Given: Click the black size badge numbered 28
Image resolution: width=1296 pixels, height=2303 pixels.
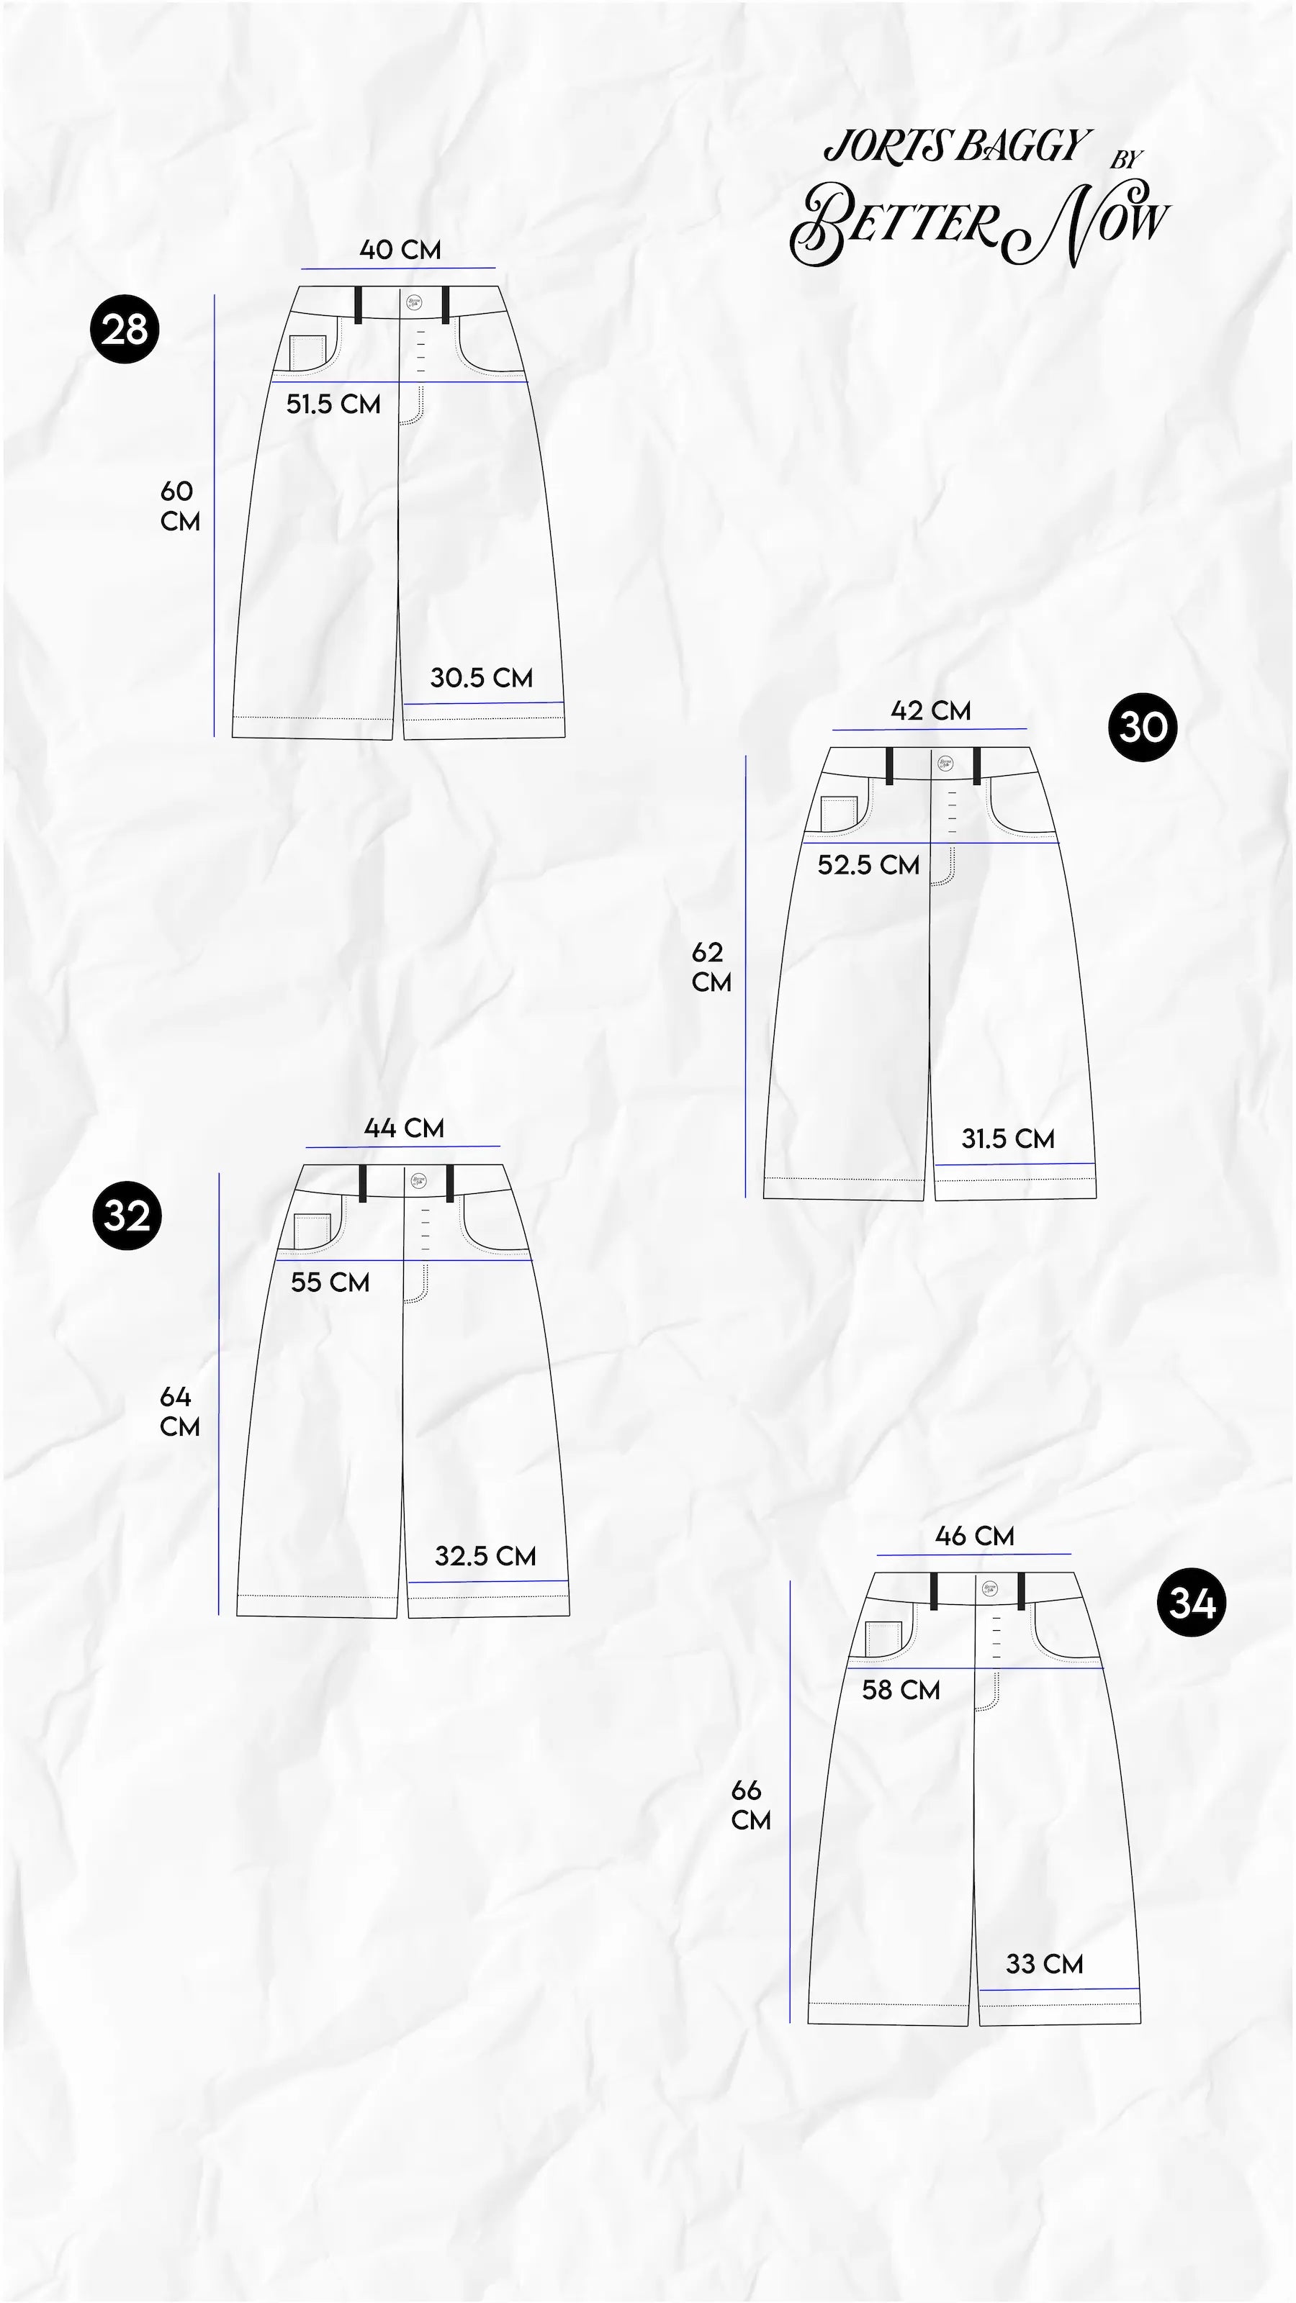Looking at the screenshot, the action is coord(125,329).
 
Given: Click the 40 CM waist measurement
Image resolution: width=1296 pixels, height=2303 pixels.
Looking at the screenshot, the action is coord(400,250).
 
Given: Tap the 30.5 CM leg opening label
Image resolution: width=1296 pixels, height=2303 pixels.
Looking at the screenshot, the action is coord(481,678).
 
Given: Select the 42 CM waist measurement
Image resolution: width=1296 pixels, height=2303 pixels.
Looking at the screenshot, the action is coord(930,711).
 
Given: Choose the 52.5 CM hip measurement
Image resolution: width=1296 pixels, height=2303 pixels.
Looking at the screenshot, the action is coord(868,864).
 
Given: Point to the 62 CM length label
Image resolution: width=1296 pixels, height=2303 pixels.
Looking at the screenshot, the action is coord(711,967).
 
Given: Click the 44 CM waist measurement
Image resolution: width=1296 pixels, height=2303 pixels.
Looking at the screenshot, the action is coord(403,1128).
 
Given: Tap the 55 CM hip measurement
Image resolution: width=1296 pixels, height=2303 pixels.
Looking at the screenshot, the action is coord(330,1283).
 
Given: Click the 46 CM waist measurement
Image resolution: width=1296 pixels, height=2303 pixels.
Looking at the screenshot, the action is coord(974,1536).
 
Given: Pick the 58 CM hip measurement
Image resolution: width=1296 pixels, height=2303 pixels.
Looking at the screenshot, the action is coord(901,1690).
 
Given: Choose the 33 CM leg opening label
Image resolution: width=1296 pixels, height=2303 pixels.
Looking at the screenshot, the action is coord(1044,1964).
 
